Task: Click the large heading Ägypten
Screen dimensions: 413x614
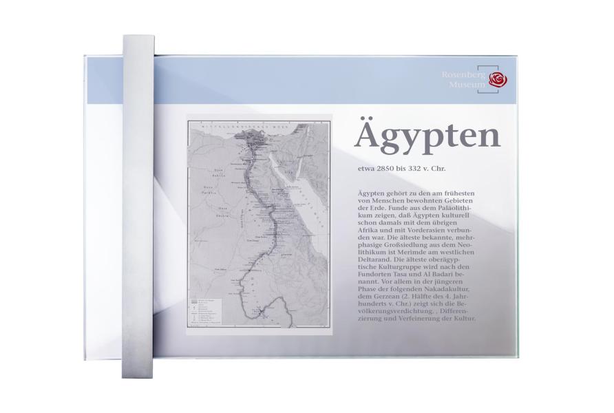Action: click(427, 136)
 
